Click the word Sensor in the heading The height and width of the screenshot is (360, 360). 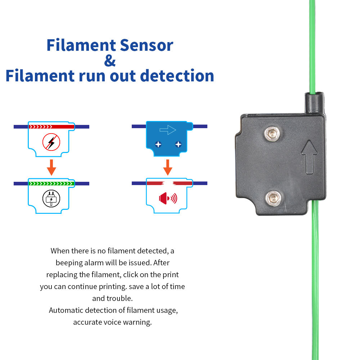tap(146, 45)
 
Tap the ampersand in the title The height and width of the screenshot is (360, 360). tap(110, 60)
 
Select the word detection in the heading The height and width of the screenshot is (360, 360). tap(177, 76)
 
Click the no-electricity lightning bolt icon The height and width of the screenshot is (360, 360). tap(51, 142)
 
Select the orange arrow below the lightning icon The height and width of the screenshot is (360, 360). tap(51, 167)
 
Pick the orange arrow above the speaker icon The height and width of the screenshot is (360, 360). tap(167, 167)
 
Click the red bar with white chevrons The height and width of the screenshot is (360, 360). tap(51, 127)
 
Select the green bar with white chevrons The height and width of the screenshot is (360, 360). tap(51, 184)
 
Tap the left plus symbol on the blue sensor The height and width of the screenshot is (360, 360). tap(158, 144)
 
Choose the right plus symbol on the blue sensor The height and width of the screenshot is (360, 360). tap(178, 144)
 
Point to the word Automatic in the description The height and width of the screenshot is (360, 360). tap(67, 310)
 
